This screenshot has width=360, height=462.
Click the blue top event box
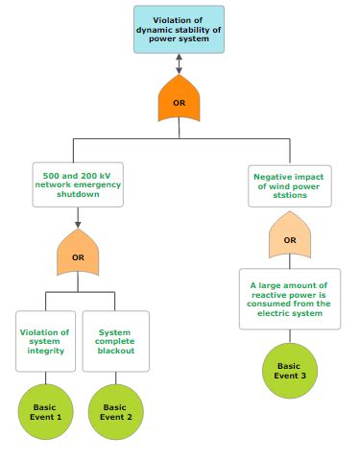pos(179,29)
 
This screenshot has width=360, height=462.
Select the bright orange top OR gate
pos(179,100)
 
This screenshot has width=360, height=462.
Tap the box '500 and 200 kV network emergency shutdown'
pos(77,184)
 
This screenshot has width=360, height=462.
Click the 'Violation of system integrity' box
pos(45,341)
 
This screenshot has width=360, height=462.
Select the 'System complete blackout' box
pos(115,341)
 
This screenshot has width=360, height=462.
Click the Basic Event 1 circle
pos(45,412)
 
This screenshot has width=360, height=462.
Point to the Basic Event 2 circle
pos(115,412)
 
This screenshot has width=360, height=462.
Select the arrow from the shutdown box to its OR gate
pos(78,217)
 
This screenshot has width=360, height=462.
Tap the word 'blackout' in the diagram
pos(115,351)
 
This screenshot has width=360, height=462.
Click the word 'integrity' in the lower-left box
pos(45,351)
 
